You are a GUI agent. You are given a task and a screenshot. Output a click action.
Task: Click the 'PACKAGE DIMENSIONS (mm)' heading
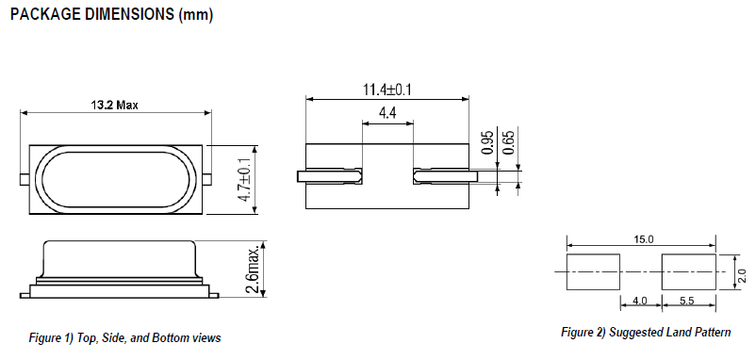pyautogui.click(x=110, y=16)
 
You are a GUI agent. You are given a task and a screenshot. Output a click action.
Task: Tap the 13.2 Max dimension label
pyautogui.click(x=114, y=105)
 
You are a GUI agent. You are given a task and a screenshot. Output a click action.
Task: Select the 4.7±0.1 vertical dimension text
pyautogui.click(x=245, y=180)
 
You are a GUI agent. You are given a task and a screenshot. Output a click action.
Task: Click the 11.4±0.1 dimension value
pyautogui.click(x=388, y=90)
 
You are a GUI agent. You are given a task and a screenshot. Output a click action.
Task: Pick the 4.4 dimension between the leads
pyautogui.click(x=387, y=113)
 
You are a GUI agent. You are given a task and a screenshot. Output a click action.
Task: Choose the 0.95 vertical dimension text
pyautogui.click(x=487, y=140)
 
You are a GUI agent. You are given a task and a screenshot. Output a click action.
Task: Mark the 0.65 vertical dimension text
pyautogui.click(x=509, y=140)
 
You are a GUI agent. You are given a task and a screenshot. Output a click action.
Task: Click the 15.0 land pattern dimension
pyautogui.click(x=643, y=240)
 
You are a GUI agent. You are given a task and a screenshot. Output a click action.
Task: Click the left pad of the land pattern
pyautogui.click(x=593, y=271)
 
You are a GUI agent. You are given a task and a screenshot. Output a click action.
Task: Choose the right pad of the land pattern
pyautogui.click(x=689, y=271)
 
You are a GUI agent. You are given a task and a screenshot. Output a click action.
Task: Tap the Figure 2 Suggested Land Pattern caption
pyautogui.click(x=646, y=333)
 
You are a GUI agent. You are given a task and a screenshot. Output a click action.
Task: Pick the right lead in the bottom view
pyautogui.click(x=446, y=175)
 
